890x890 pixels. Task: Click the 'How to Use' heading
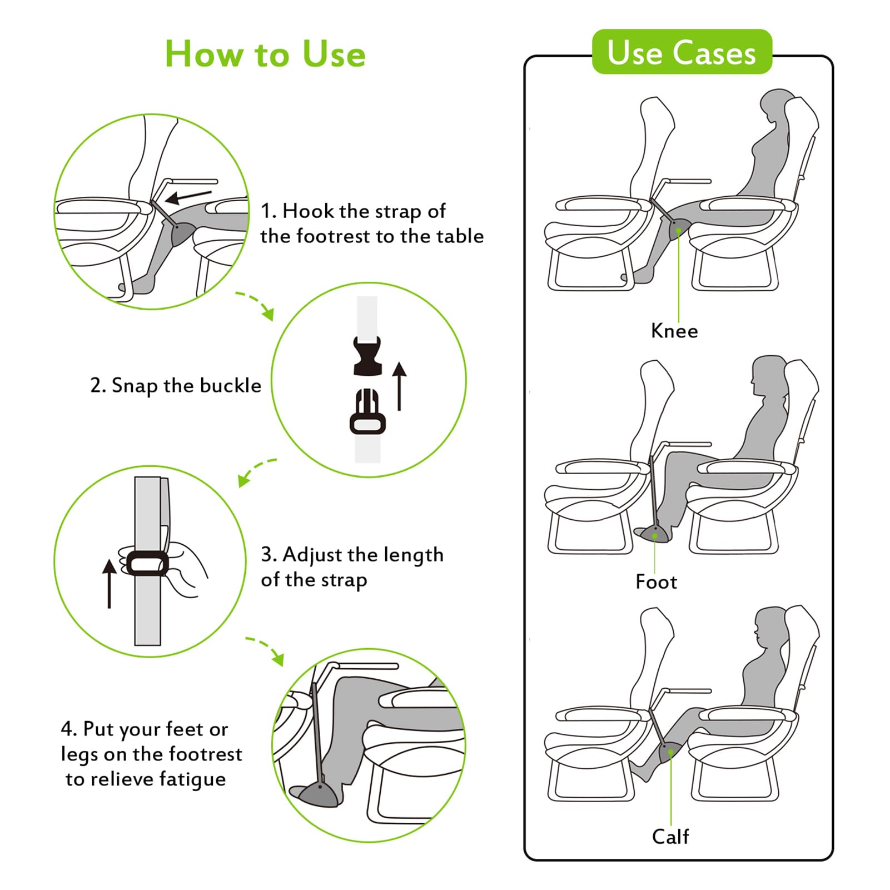[x=265, y=54]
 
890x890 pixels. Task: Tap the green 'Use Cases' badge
[x=682, y=52]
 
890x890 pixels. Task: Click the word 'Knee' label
[x=674, y=331]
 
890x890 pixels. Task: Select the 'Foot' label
[x=656, y=582]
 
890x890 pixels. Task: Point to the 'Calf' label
[x=670, y=836]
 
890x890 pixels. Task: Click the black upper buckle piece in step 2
[x=367, y=356]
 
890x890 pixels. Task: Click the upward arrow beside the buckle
[x=399, y=386]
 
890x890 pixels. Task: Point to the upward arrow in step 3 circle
[x=110, y=583]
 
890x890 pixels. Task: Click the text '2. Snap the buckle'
[x=176, y=385]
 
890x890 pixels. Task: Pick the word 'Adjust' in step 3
[x=314, y=555]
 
